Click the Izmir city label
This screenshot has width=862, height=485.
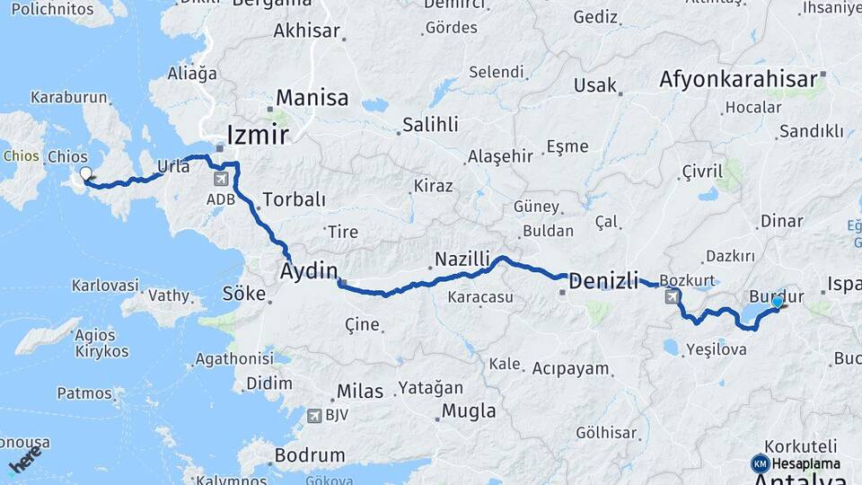[x=258, y=135]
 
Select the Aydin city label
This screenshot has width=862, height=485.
[x=309, y=270]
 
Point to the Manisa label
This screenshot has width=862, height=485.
[x=312, y=97]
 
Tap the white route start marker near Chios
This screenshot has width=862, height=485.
[x=85, y=174]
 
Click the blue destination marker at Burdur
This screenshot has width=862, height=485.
[x=777, y=303]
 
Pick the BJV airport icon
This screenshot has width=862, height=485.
[x=313, y=415]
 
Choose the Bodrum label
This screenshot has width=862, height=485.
[x=310, y=455]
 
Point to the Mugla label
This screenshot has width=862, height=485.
[x=468, y=411]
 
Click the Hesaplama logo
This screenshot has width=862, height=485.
[x=796, y=463]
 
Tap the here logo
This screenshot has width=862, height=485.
[x=25, y=460]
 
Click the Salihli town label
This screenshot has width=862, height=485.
[x=430, y=124]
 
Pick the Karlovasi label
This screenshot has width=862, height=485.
[x=105, y=286]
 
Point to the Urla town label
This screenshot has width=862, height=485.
[x=173, y=165]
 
